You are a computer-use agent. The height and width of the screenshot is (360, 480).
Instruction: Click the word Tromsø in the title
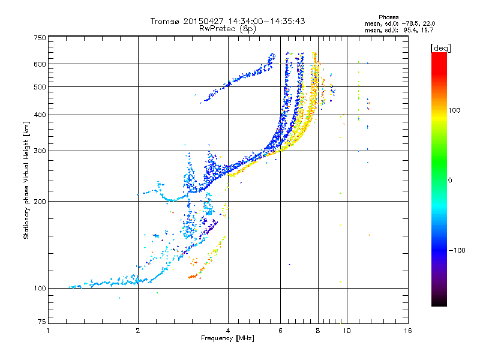click(x=166, y=21)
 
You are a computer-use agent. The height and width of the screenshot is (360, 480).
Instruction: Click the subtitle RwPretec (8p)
click(x=227, y=29)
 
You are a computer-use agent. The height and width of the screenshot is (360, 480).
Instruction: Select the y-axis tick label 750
click(x=40, y=38)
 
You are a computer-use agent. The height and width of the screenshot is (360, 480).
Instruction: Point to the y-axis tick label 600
click(x=40, y=64)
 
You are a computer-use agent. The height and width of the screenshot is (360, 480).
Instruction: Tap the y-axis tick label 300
click(x=40, y=151)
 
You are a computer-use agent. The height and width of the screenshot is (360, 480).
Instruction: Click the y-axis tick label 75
click(x=42, y=322)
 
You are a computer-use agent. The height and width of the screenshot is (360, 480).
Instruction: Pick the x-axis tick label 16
click(x=407, y=331)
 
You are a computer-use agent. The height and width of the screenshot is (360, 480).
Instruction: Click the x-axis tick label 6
click(x=280, y=331)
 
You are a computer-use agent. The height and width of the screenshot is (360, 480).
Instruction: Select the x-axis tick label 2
click(x=138, y=331)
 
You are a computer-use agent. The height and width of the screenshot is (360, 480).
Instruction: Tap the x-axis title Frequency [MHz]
click(x=227, y=338)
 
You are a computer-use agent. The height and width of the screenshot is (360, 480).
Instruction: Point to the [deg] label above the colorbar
click(x=440, y=48)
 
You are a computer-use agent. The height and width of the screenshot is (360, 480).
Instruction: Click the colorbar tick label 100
click(x=454, y=110)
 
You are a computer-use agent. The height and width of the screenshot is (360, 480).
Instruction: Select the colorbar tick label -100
click(x=457, y=250)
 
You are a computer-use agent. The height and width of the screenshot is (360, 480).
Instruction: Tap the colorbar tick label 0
click(x=450, y=181)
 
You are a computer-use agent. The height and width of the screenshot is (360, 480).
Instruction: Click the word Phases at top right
click(x=388, y=17)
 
